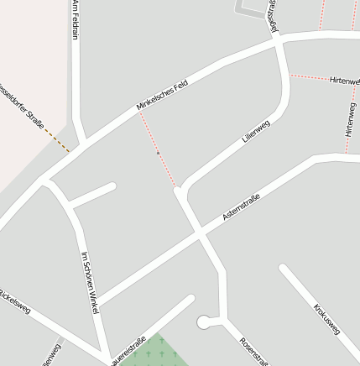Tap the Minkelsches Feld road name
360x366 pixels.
click(x=161, y=97)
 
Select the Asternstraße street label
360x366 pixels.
click(x=241, y=207)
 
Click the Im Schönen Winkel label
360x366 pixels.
click(x=90, y=282)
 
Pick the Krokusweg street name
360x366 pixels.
click(x=326, y=320)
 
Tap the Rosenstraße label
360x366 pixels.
click(x=253, y=352)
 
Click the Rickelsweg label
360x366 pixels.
click(x=15, y=303)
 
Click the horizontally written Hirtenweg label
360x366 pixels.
click(x=345, y=81)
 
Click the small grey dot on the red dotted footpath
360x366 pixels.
click(x=158, y=153)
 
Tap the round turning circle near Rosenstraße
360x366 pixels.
click(x=203, y=322)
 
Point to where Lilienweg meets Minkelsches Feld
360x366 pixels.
click(x=279, y=39)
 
